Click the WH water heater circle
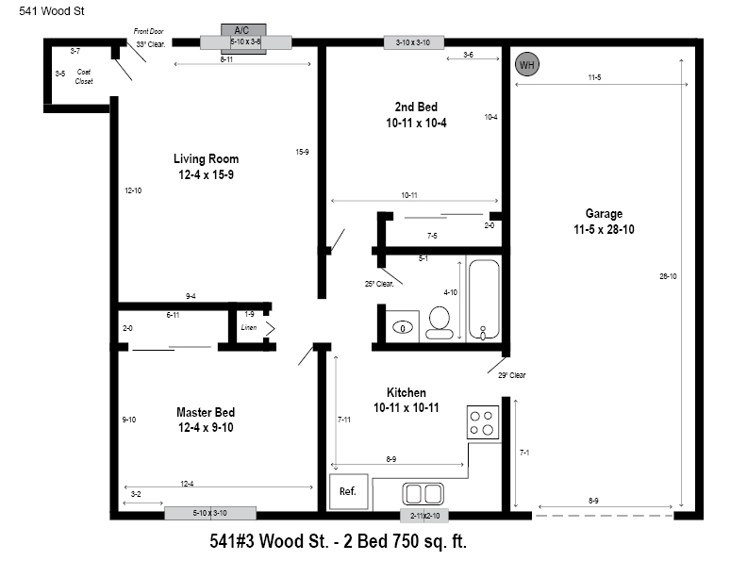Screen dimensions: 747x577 point(527,64)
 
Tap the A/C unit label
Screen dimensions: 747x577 point(241,30)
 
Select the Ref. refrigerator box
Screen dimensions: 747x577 point(349,491)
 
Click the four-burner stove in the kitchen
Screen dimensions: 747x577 point(483,422)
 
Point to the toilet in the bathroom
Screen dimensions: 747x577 point(440,322)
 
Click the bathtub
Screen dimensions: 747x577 point(484,300)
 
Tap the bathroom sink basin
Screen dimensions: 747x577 point(403,327)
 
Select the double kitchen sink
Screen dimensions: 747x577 point(423,494)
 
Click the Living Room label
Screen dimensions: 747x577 point(206,159)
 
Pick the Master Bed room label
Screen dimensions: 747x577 point(206,412)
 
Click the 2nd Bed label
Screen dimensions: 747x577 point(416,107)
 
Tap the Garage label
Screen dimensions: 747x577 point(604,213)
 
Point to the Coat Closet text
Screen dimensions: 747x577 point(84,76)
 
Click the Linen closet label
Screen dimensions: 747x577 point(249,327)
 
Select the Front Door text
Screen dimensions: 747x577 point(149,31)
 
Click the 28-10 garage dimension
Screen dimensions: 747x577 point(668,276)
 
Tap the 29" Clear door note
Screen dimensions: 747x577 point(511,375)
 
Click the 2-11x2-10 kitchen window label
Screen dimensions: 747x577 point(425,516)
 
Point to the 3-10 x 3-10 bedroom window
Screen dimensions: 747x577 point(413,42)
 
